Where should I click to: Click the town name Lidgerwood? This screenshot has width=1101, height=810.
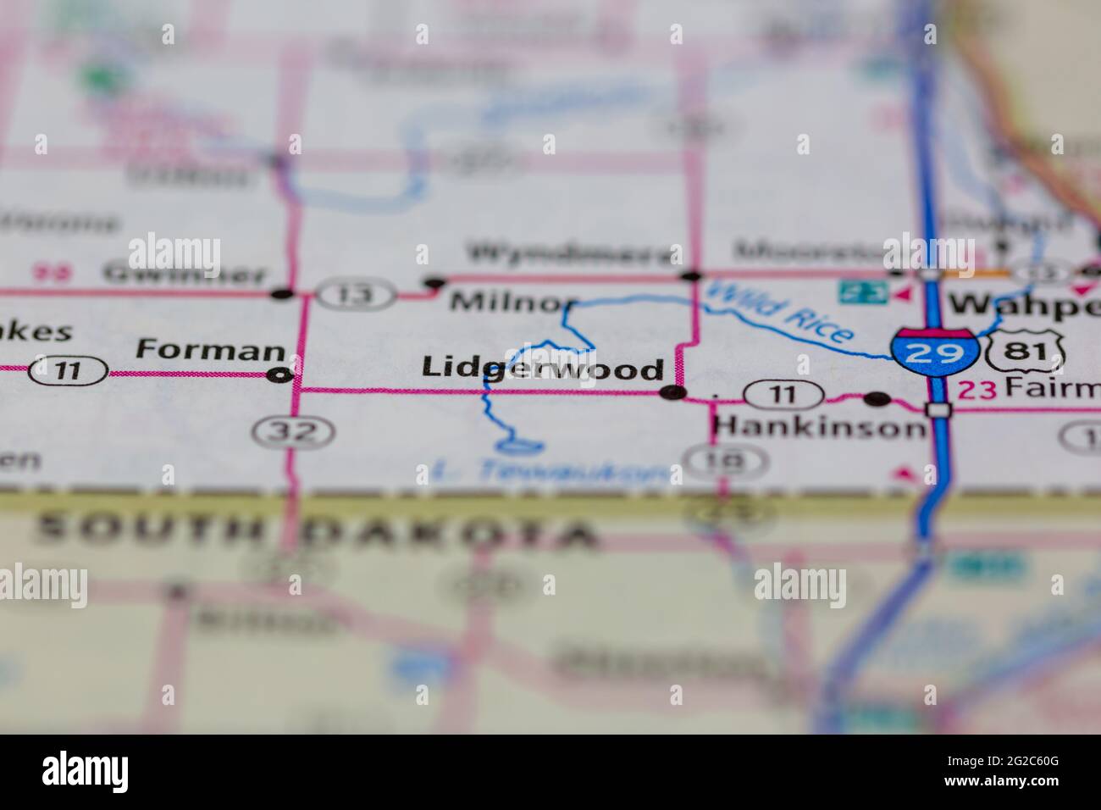click(x=542, y=369)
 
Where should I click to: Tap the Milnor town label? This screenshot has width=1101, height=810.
click(x=513, y=302)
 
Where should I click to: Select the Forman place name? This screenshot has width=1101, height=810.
click(x=210, y=349)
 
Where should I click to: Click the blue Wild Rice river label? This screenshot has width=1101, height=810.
click(x=777, y=312)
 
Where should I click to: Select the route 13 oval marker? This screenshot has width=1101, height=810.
click(x=357, y=294)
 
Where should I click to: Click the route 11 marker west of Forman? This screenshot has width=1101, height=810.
click(x=68, y=370)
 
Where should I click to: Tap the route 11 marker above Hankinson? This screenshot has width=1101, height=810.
click(x=783, y=394)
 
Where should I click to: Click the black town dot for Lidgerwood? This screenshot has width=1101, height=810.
click(x=672, y=392)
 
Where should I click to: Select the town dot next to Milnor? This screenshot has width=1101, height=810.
click(x=434, y=283)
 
